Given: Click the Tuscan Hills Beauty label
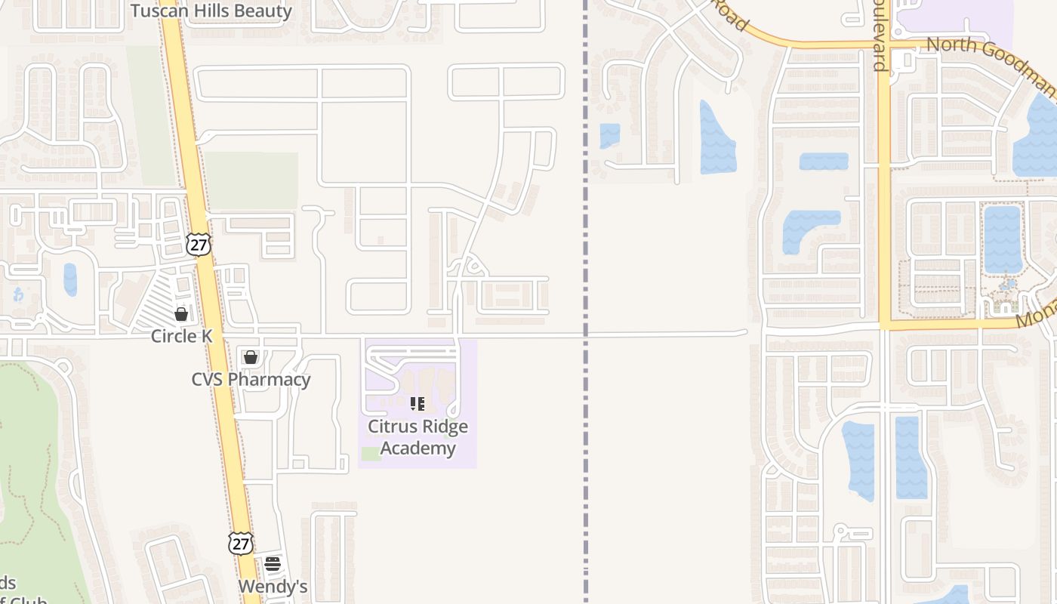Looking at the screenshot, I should click(211, 11).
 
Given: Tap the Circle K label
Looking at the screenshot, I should click(181, 336).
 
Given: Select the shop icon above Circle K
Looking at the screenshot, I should click(181, 314).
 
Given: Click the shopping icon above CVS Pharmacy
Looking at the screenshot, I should click(251, 357).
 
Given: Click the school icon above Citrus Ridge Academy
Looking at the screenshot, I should click(418, 404).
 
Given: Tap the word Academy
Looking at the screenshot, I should click(418, 448).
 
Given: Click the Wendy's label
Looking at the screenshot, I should click(273, 587).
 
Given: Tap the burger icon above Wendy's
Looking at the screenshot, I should click(273, 564).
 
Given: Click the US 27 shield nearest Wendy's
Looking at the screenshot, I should click(241, 544).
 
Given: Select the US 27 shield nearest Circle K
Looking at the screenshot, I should click(199, 244).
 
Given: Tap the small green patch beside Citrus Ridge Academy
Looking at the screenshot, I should click(371, 454).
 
